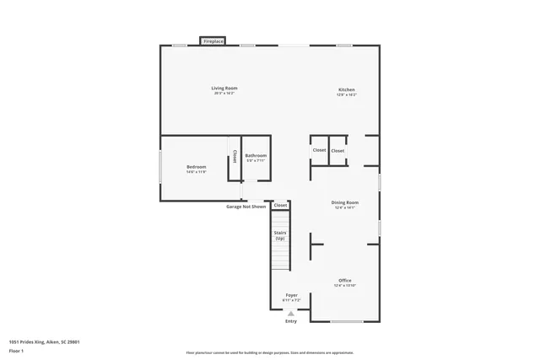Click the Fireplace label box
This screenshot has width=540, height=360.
(213, 40)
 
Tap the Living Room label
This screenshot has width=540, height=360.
(224, 88)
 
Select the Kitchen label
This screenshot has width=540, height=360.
(347, 89)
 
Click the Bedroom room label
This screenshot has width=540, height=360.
(197, 167)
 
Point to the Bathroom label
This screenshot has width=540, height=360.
(256, 155)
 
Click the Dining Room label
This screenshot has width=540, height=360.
(345, 202)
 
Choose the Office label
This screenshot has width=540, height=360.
(345, 280)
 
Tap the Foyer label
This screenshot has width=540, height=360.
(291, 295)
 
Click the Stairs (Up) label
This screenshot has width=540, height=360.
(280, 236)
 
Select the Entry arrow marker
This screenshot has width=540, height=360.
(291, 313)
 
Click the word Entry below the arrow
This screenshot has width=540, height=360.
(291, 321)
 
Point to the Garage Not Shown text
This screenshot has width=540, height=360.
(246, 207)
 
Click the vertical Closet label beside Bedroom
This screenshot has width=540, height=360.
(234, 156)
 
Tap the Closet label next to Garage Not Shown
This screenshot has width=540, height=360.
(280, 205)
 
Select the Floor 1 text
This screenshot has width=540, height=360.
(15, 351)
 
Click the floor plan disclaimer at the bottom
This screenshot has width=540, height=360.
(270, 352)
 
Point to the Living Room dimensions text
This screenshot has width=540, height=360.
(224, 93)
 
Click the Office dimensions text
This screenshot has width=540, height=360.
(345, 286)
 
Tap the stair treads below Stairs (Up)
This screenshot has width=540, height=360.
(280, 257)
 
